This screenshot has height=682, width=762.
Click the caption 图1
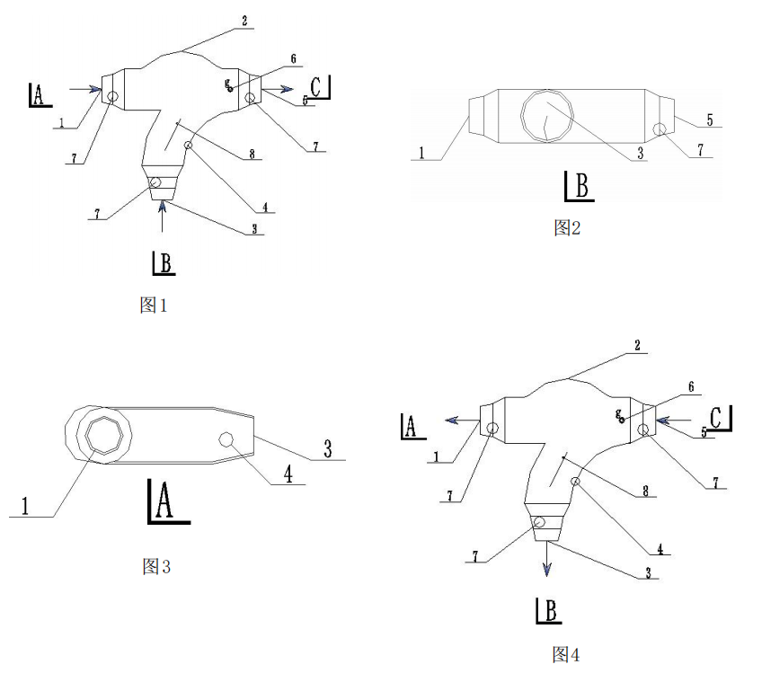(154, 306)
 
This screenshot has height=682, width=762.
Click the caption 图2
(566, 228)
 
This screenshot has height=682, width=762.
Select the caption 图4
(565, 655)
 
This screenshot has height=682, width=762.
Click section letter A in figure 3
(164, 500)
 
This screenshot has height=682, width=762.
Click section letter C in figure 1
(320, 87)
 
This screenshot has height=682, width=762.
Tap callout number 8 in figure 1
(253, 155)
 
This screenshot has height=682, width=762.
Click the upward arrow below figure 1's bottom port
(163, 216)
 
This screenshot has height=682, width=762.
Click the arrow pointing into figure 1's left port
(86, 88)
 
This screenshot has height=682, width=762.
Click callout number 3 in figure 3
(327, 449)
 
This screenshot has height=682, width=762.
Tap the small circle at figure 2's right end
(660, 130)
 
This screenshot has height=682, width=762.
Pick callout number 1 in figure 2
(421, 153)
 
